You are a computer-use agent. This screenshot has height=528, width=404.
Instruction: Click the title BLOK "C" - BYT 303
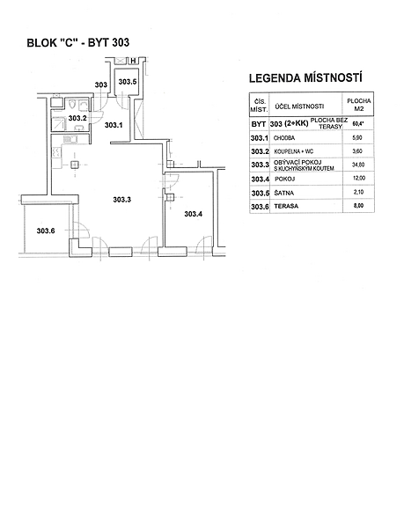[x=77, y=43]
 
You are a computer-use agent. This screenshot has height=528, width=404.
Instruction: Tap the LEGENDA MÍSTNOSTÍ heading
[x=305, y=78]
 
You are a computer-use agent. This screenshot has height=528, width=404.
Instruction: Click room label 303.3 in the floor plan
[x=121, y=200]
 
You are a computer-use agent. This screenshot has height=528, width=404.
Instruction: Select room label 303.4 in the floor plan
[x=194, y=214]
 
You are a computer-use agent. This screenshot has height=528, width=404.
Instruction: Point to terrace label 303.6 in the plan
[x=46, y=231]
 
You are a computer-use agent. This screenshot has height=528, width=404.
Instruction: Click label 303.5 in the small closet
[x=128, y=82]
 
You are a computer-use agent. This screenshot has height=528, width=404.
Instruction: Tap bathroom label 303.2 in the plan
[x=77, y=118]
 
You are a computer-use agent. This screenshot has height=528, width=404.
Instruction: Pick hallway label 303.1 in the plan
[x=114, y=125]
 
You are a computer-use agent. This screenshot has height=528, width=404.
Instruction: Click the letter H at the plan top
[x=133, y=61]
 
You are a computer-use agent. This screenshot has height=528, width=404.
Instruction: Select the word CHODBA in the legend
[x=284, y=138]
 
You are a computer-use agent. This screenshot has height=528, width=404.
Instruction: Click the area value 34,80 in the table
[x=358, y=165]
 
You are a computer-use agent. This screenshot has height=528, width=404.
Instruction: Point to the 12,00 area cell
[x=358, y=178]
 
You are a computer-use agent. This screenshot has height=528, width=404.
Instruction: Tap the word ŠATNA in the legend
[x=283, y=193]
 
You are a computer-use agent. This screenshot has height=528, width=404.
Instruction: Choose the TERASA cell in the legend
[x=286, y=206]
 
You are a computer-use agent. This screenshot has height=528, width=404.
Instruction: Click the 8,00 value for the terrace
[x=359, y=205]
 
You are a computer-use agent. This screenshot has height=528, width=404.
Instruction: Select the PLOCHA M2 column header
[x=359, y=105]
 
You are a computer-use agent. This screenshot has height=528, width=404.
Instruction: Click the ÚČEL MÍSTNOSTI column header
[x=299, y=106]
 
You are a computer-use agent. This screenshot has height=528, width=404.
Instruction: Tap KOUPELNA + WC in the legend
[x=294, y=151]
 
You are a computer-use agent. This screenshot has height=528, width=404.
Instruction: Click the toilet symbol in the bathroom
[x=70, y=105]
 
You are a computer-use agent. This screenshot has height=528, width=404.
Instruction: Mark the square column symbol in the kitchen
[x=75, y=165]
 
